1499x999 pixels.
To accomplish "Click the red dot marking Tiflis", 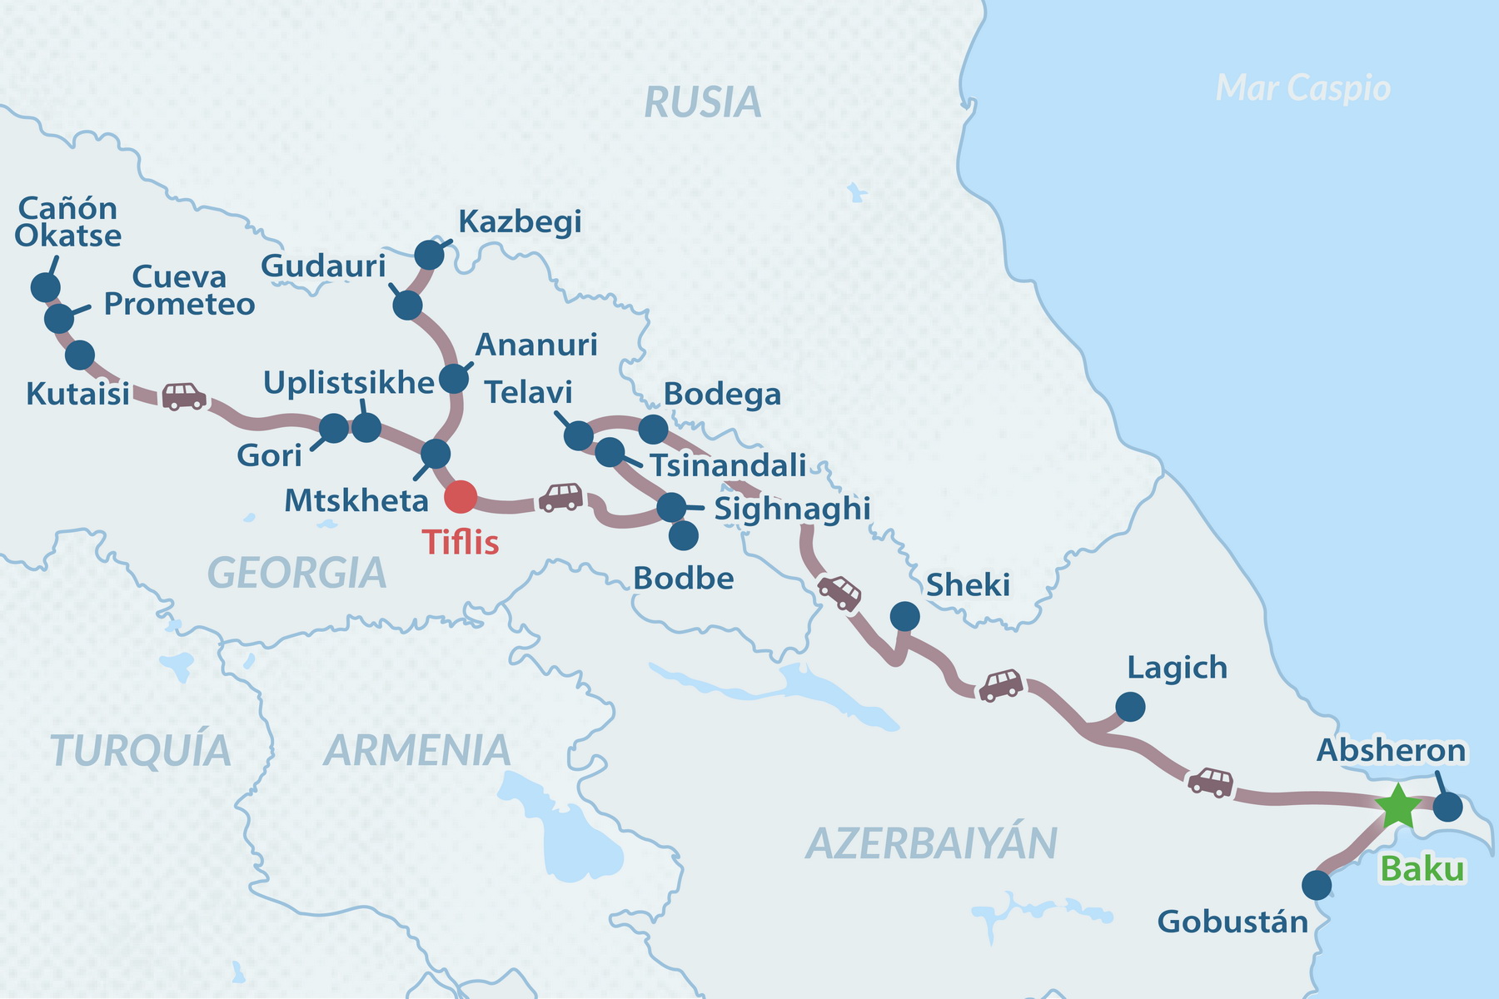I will pos(461,497).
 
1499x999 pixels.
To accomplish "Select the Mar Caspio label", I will pos(1302,88).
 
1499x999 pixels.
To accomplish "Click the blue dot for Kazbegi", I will pos(429,255).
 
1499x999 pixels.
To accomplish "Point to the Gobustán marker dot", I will pos(1317,885).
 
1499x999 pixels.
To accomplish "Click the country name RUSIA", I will pos(703,103).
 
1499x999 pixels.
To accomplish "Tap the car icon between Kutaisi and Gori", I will pos(183,395).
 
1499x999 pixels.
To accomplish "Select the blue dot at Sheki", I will pos(905,617).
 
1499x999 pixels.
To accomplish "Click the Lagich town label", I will pos(1177,668).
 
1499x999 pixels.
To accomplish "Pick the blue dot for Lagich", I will pos(1130,707).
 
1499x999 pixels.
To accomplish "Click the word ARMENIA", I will pos(417,751).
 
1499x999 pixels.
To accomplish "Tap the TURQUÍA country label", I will pos(140,751).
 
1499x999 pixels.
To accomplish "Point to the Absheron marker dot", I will pos(1448,807).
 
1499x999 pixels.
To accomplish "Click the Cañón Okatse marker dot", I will pos(45,287).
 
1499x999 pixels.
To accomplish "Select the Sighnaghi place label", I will pos(792,509).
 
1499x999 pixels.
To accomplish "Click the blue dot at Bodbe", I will pos(684,535).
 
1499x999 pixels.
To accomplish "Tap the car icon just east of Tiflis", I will pos(560,497).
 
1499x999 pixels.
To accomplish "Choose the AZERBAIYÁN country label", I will pos(931,843).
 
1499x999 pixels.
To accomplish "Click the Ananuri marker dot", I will pos(454,379).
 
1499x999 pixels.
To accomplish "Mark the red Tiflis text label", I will pos(461,543).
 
